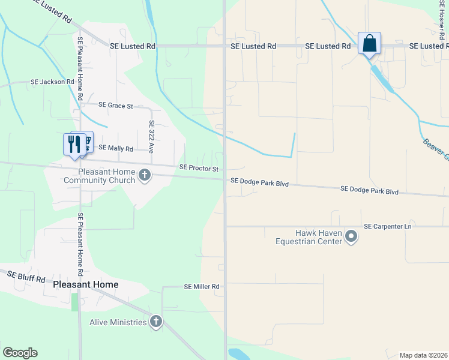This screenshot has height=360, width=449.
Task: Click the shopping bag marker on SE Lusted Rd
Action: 369,44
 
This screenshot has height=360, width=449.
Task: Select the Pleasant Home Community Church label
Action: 98,176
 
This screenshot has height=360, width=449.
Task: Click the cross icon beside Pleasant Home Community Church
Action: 144,175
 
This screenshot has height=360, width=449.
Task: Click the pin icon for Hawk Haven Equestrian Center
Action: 352,239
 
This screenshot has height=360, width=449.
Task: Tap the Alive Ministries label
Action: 118,322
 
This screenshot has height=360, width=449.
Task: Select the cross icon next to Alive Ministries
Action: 156,322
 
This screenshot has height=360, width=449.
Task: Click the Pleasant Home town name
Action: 85,284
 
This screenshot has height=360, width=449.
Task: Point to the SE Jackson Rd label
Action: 52,82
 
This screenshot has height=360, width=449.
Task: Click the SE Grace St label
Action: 116,106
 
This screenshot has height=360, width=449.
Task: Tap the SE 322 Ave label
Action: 152,136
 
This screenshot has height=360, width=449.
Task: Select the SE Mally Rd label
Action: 116,148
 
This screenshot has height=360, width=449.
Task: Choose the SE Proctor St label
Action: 199,169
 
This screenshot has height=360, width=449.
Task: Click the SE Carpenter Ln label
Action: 388,226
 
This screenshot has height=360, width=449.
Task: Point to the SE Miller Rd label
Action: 202,287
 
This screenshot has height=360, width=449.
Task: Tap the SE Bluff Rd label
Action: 26,277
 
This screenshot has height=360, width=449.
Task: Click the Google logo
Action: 20,353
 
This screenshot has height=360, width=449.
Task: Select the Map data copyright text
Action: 423,355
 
